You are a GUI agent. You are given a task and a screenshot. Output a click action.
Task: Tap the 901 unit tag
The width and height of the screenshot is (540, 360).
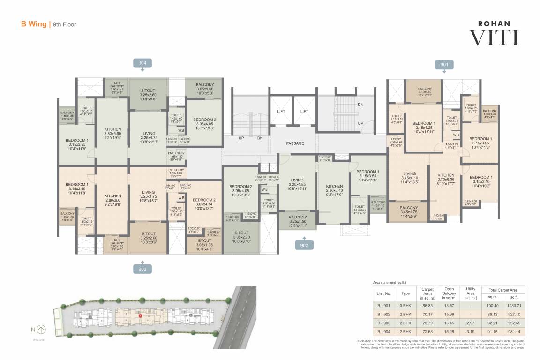444,65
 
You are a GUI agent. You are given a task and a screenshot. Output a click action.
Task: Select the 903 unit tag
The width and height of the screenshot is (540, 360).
142,269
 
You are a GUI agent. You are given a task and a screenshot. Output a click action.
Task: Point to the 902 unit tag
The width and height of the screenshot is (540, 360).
304,245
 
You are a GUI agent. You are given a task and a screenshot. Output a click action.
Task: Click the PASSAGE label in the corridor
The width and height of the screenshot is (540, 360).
295,143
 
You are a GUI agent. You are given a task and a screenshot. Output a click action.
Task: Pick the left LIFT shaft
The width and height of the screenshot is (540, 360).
281,111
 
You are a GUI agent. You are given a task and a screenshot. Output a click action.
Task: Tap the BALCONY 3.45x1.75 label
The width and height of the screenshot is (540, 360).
409,210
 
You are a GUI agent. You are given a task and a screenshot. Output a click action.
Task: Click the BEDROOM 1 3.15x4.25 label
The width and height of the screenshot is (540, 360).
425,127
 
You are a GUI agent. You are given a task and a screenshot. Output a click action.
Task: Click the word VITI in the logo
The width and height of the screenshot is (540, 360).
494,37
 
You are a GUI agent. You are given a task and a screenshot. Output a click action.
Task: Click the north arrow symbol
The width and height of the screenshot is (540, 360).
41,329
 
